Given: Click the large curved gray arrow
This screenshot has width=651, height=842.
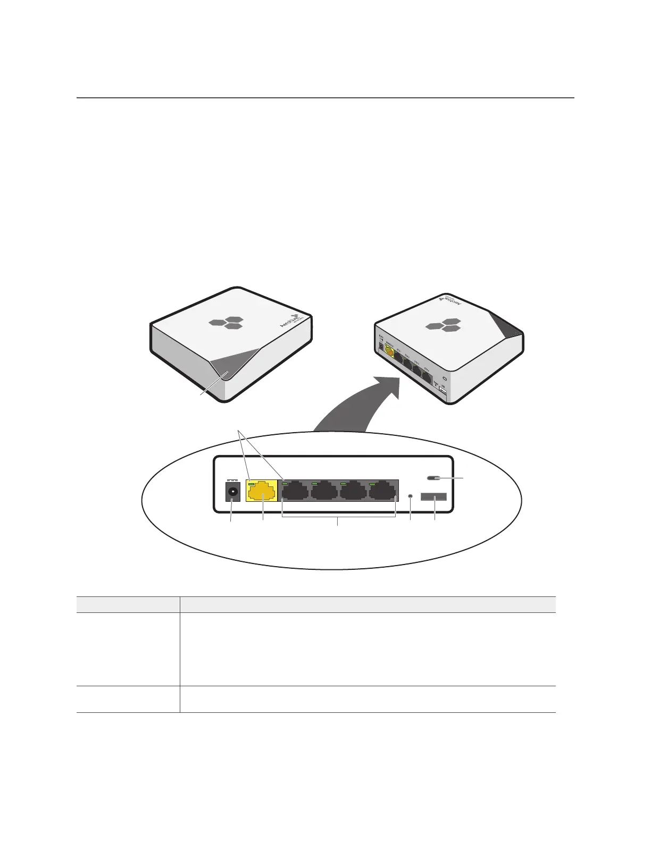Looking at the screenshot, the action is [362, 404].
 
